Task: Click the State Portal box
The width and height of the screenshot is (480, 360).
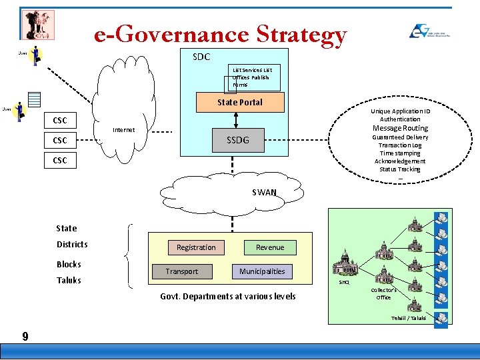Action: pyautogui.click(x=239, y=102)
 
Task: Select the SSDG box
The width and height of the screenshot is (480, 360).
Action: pyautogui.click(x=237, y=139)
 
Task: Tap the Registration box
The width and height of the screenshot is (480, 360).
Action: pyautogui.click(x=196, y=247)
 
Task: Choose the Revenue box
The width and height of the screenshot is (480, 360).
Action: pyautogui.click(x=270, y=247)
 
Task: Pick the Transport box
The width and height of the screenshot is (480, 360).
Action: pyautogui.click(x=182, y=271)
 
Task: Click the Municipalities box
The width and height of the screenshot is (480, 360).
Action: pyautogui.click(x=262, y=271)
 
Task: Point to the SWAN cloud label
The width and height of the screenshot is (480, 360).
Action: pyautogui.click(x=264, y=193)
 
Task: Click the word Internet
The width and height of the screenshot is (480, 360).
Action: pyautogui.click(x=123, y=130)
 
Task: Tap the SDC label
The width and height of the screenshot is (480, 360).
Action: pyautogui.click(x=201, y=57)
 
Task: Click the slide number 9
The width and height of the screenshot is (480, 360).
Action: pyautogui.click(x=25, y=337)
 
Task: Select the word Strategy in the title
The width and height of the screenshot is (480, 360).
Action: pyautogui.click(x=301, y=34)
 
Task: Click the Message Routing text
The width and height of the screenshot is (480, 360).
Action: pyautogui.click(x=400, y=128)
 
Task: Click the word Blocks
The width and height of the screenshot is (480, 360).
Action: pyautogui.click(x=69, y=264)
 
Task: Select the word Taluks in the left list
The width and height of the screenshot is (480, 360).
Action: pyautogui.click(x=69, y=280)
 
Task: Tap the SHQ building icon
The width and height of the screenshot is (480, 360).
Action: pyautogui.click(x=345, y=264)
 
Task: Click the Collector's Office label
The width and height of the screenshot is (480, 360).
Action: pyautogui.click(x=383, y=293)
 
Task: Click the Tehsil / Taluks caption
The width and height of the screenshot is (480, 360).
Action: pyautogui.click(x=408, y=318)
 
